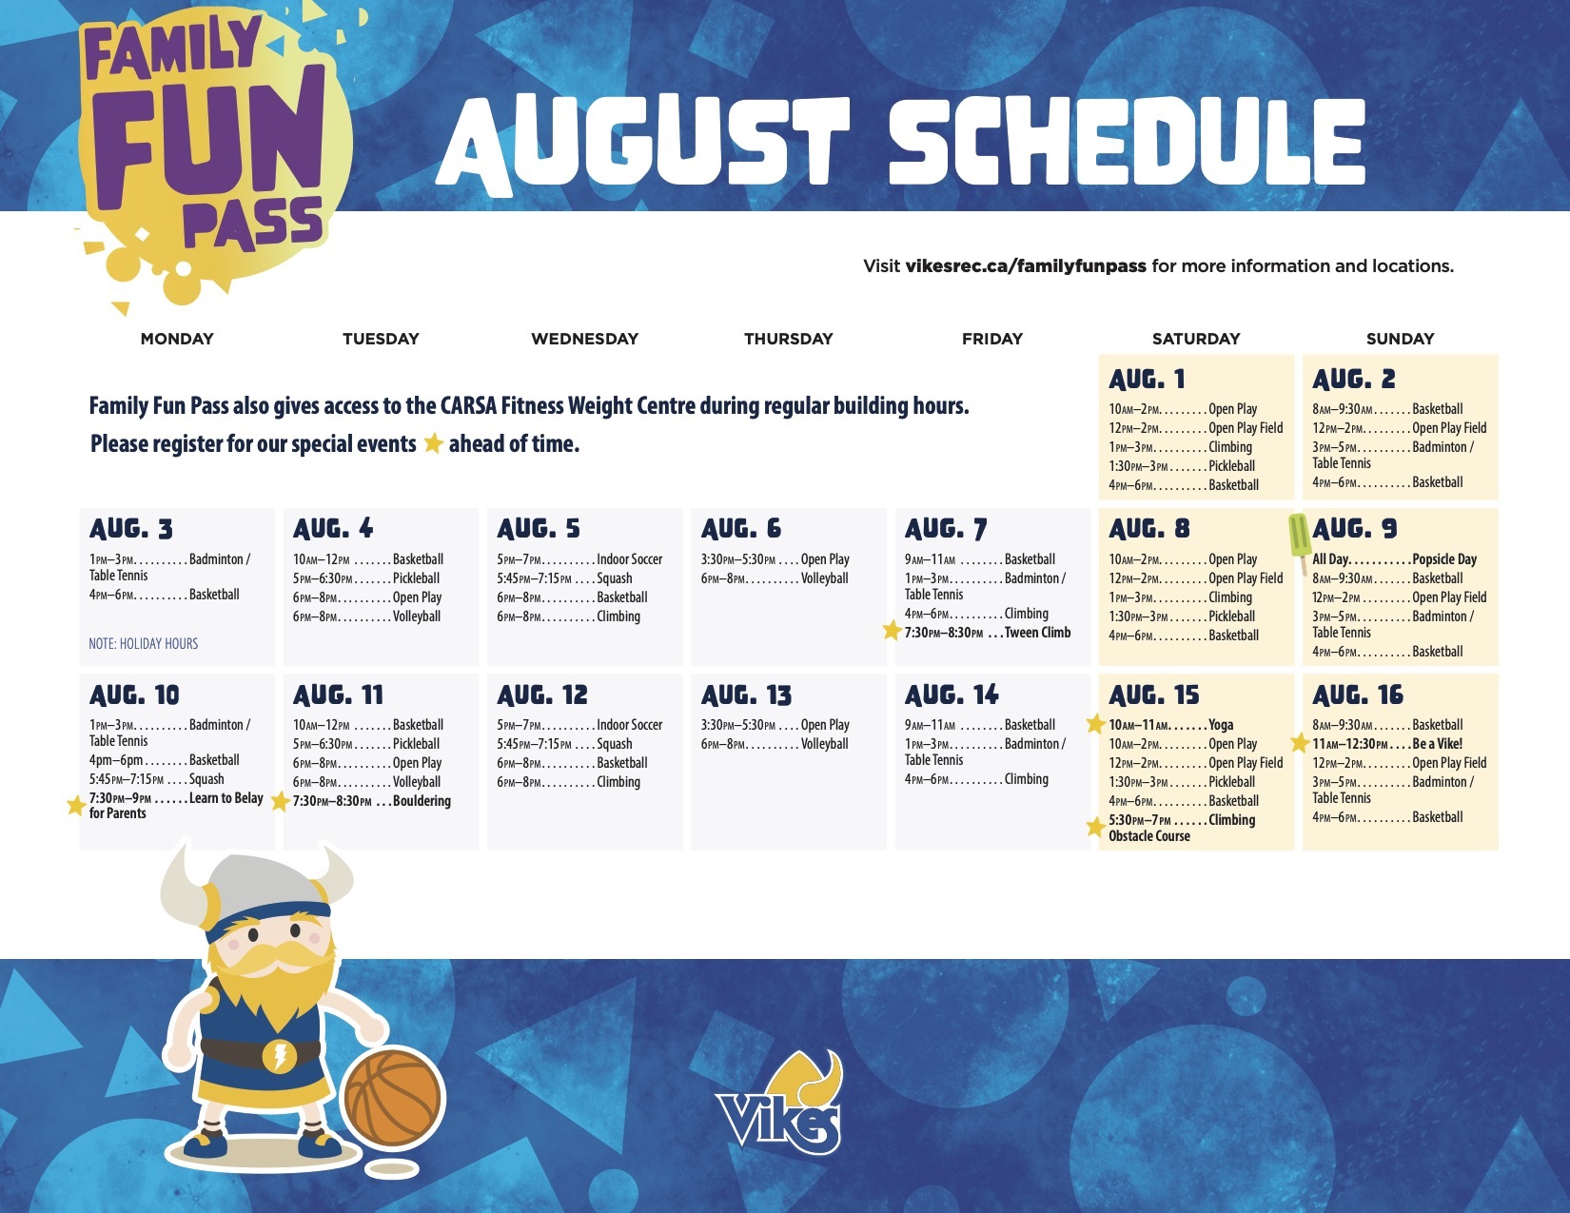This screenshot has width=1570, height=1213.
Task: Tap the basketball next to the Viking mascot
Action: tap(393, 1098)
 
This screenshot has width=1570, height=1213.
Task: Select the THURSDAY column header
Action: tap(788, 339)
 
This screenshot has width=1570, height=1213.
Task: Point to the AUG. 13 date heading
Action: tap(746, 695)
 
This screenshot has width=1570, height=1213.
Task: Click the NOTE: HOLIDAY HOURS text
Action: tap(143, 644)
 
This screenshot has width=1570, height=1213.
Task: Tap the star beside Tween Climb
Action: tap(893, 631)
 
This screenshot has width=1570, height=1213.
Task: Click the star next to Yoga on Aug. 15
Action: tap(1096, 723)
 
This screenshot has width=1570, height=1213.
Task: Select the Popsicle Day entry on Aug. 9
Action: tap(1394, 559)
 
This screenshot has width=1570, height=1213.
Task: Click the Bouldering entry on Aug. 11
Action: tap(371, 801)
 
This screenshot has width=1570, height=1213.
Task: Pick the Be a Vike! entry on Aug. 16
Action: tap(1387, 743)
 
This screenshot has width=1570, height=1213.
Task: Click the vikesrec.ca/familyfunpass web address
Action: tap(1025, 265)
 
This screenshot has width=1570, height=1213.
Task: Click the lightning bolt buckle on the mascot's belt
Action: tap(278, 1055)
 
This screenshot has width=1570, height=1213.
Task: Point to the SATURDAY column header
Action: tap(1196, 339)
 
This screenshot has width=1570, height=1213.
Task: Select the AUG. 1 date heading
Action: tap(1147, 380)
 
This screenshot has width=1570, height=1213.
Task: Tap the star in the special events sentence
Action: tap(433, 443)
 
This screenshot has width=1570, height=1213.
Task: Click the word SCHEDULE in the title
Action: tap(1128, 142)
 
